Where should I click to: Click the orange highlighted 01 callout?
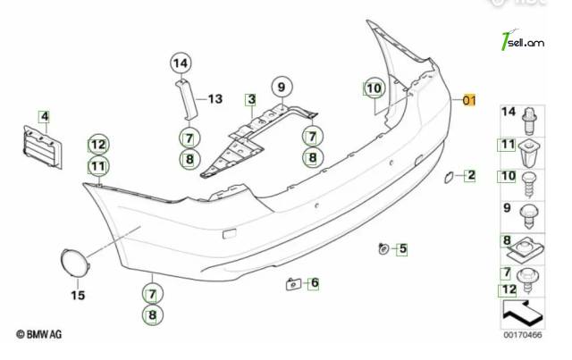(469, 100)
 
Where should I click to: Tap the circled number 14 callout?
(181, 63)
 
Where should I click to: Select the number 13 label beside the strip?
(215, 99)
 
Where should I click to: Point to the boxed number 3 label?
(251, 99)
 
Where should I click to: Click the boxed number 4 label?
(45, 117)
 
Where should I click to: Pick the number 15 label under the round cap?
(78, 295)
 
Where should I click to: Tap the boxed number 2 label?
(471, 175)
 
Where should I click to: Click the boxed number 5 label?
(403, 248)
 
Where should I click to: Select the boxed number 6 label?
(315, 282)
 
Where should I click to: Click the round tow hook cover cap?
(74, 263)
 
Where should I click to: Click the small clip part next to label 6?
(294, 284)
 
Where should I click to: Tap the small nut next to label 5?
(383, 248)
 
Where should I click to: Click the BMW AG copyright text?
(39, 334)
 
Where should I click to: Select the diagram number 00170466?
(523, 335)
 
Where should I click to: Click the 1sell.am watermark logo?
(522, 41)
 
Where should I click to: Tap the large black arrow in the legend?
(522, 313)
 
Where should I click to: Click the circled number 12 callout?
(98, 145)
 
